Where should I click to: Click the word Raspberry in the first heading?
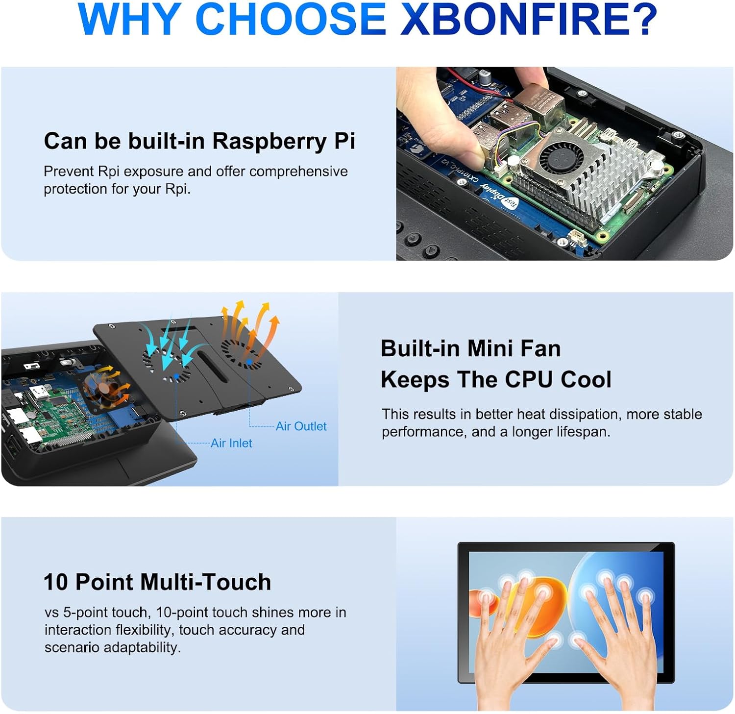click(270, 141)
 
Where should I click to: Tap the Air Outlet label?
click(301, 426)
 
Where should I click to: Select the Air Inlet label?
click(231, 443)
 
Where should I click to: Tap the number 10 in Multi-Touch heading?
click(55, 582)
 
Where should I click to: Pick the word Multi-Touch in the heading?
click(205, 582)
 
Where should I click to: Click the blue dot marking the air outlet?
click(249, 362)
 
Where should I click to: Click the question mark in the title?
click(641, 19)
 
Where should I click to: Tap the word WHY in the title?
click(128, 19)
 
